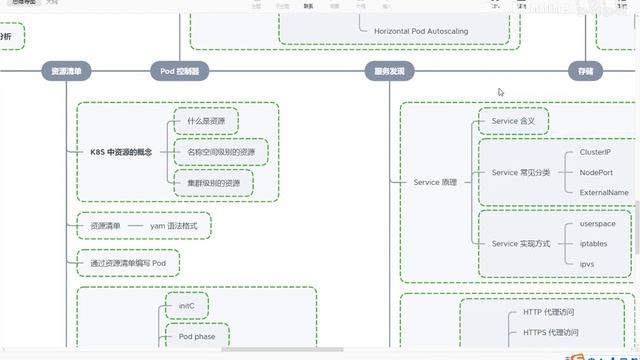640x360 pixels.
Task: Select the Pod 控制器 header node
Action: coord(179,71)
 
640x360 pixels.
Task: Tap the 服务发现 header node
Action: coord(390,71)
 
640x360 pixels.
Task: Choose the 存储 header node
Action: coord(585,71)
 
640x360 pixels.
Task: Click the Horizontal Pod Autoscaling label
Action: coord(421,31)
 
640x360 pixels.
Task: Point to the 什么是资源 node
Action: coord(206,121)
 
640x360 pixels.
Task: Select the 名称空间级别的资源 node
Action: coord(221,152)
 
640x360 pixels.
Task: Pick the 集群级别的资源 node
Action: coord(213,183)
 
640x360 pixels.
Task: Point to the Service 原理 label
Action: coord(435,183)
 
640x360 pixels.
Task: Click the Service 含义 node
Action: coord(514,121)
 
